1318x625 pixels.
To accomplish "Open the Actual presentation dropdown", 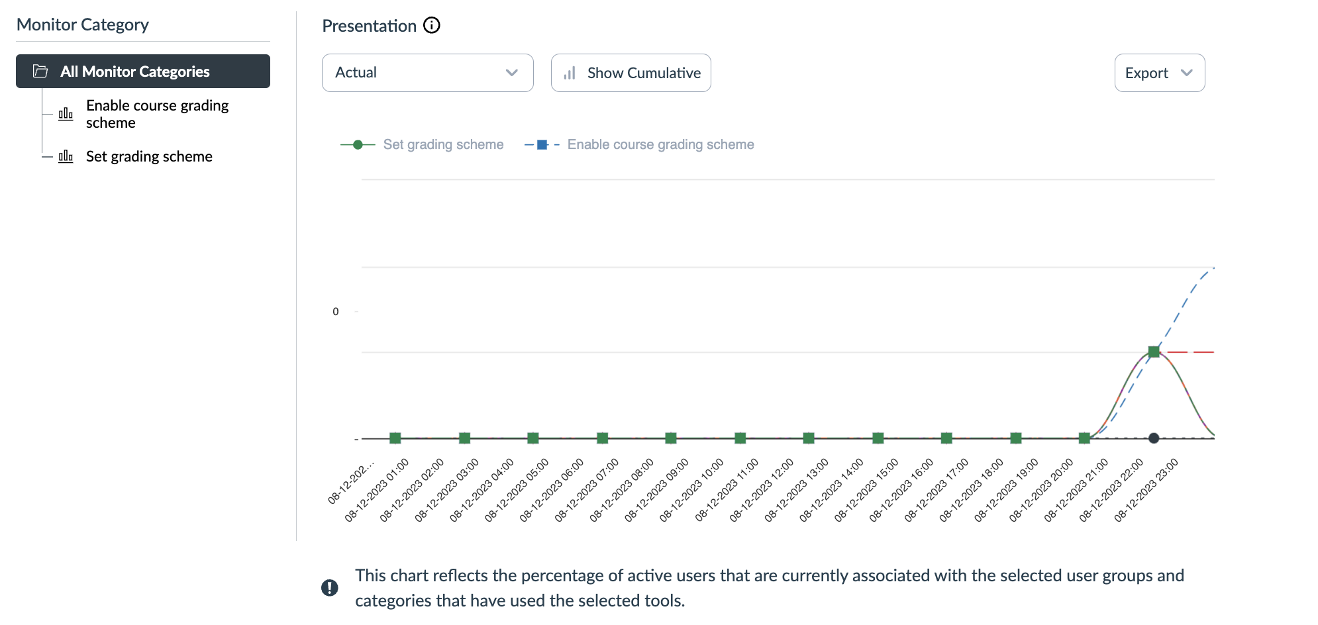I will tap(427, 73).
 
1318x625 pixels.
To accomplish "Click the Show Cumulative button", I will tap(631, 73).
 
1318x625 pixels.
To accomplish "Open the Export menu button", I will tap(1159, 73).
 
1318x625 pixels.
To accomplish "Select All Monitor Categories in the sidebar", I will tap(143, 72).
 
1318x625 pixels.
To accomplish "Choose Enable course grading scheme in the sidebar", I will tap(157, 114).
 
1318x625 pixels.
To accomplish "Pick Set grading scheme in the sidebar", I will tap(149, 157).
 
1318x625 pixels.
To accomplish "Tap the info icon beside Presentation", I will tap(432, 26).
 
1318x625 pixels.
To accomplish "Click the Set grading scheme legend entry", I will tap(442, 144).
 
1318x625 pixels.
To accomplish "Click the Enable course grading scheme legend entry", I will tap(660, 144).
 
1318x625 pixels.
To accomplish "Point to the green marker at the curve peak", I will tap(1154, 352).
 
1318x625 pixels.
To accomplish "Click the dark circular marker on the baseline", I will tap(1154, 438).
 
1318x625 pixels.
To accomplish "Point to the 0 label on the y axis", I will tap(336, 312).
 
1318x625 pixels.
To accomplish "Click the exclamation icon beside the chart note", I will tap(330, 588).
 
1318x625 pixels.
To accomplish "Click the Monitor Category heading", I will tap(83, 25).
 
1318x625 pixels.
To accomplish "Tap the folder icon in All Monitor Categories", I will tap(40, 72).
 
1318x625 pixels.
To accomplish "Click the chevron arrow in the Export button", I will tap(1187, 73).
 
